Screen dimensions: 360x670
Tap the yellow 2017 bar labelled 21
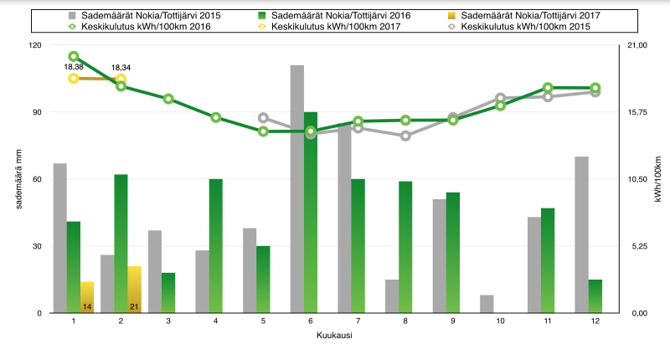click(x=134, y=290)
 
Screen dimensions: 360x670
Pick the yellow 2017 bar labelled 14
click(x=87, y=297)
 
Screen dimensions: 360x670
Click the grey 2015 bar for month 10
click(x=487, y=304)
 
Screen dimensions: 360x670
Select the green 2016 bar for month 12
click(x=595, y=296)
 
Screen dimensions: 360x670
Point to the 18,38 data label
click(x=74, y=67)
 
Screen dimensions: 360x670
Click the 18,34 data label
click(x=121, y=67)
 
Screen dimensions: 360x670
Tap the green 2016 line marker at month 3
click(x=168, y=99)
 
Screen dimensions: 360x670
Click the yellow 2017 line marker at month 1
click(x=74, y=79)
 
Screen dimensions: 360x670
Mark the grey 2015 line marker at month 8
click(x=405, y=135)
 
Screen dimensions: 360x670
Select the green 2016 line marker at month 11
click(x=548, y=88)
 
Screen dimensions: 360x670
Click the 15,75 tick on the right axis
click(x=639, y=112)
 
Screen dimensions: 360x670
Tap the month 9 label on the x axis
click(x=453, y=321)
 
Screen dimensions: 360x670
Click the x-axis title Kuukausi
click(x=333, y=336)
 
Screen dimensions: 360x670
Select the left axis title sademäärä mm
click(x=19, y=179)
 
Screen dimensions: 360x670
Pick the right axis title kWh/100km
click(x=657, y=179)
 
